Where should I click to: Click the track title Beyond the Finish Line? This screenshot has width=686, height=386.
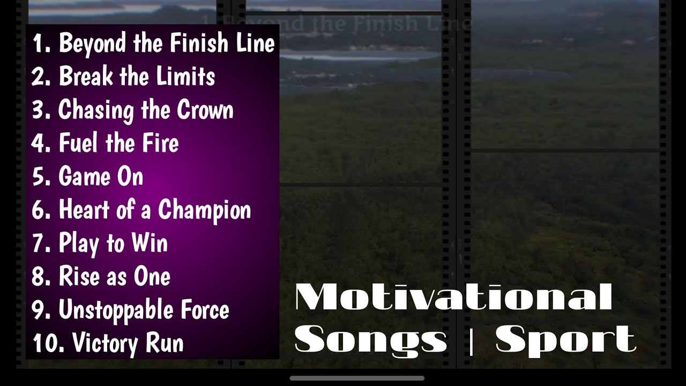click(x=167, y=43)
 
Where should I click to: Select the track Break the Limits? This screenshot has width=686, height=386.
click(x=137, y=77)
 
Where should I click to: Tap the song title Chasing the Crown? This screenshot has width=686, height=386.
click(x=146, y=110)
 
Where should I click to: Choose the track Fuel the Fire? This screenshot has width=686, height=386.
click(x=118, y=143)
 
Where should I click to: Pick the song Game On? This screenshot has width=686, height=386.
click(x=101, y=176)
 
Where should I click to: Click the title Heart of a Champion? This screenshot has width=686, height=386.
click(x=154, y=210)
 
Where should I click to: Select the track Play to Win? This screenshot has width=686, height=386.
click(x=113, y=243)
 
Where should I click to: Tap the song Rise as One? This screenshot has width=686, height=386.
click(x=114, y=277)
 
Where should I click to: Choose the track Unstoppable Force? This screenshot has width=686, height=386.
click(x=144, y=310)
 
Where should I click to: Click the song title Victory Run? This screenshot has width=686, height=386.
click(x=128, y=343)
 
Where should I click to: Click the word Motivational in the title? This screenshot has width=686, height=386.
click(x=453, y=297)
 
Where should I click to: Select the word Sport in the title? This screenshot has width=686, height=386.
click(x=565, y=340)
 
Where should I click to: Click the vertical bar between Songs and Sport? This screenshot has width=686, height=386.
click(x=471, y=340)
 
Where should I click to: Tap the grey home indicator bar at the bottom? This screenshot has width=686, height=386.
click(x=357, y=378)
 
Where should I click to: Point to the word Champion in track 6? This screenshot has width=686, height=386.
click(x=204, y=210)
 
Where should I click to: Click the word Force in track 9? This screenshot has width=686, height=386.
click(x=205, y=310)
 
